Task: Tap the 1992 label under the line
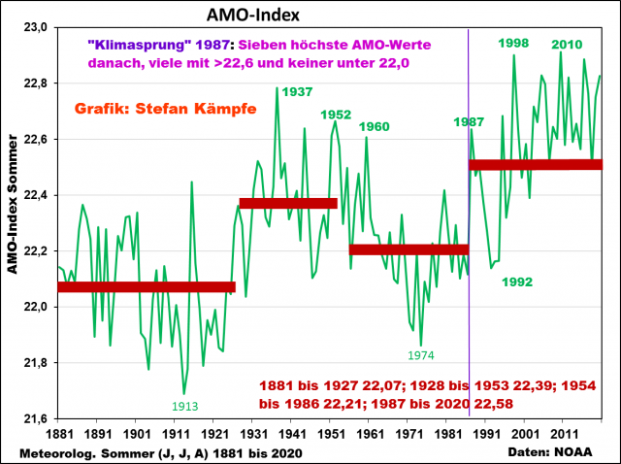[x=517, y=282]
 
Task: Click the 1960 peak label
[x=374, y=127]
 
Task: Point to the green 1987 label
[x=469, y=122]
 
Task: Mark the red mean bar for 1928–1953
[x=288, y=203]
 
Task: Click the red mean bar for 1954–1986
[x=409, y=249]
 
